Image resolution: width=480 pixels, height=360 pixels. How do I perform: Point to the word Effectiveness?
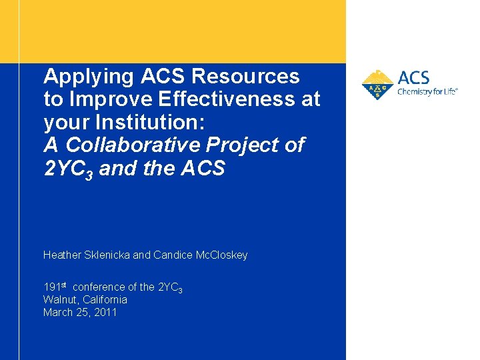[234, 99]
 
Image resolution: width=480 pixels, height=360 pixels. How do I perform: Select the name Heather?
[63, 255]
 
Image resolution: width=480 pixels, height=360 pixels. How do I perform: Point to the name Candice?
[172, 255]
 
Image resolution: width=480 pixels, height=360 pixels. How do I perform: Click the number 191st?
[55, 287]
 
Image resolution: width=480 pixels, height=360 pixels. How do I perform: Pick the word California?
[105, 299]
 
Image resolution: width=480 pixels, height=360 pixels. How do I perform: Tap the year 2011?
[105, 312]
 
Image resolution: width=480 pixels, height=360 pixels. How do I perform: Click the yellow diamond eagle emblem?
[377, 85]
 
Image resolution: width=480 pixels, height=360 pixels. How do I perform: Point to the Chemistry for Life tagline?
[427, 92]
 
